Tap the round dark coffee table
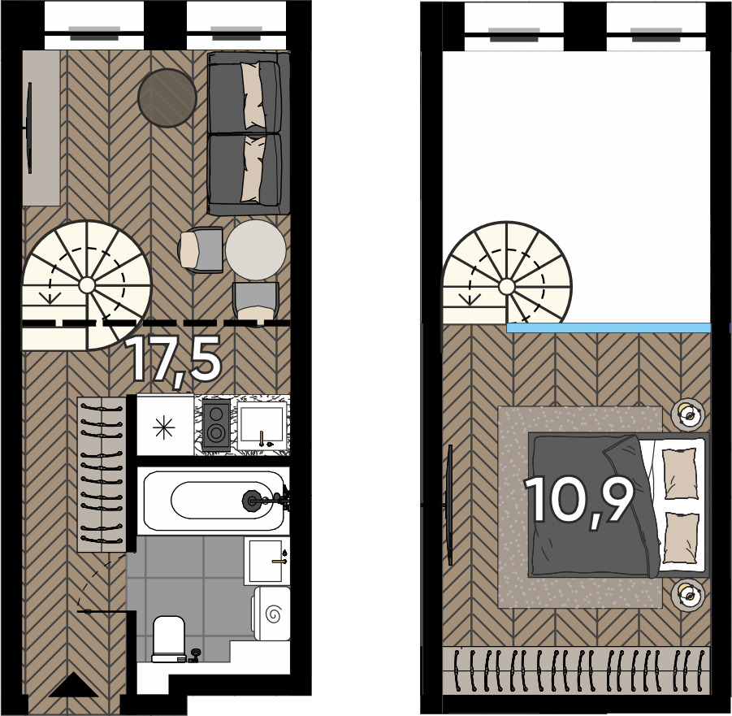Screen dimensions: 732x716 [x=167, y=98]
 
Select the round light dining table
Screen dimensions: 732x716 [x=256, y=250]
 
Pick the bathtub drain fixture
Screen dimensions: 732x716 [x=251, y=501]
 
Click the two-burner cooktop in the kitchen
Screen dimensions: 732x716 [x=216, y=425]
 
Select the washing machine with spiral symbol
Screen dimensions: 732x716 [x=271, y=614]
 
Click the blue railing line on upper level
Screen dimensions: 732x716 [x=609, y=328]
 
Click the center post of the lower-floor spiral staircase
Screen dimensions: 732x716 [x=86, y=284]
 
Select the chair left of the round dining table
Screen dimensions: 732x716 [x=201, y=250]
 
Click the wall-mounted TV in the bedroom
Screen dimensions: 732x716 [x=451, y=506]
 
